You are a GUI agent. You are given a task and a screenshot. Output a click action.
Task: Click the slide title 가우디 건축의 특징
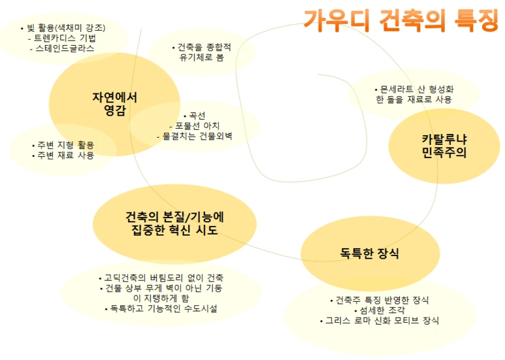click(x=400, y=20)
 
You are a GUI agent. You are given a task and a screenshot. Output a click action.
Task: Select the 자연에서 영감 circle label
click(x=114, y=103)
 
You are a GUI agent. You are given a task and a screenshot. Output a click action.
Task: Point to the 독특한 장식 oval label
click(x=369, y=253)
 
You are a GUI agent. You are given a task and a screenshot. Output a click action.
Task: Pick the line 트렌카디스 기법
click(x=62, y=38)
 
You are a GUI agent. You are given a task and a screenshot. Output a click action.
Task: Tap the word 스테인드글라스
click(x=64, y=48)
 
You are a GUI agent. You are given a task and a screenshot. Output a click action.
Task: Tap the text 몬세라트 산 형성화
click(x=414, y=89)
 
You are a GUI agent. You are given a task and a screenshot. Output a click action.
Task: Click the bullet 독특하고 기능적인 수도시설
click(x=160, y=308)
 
